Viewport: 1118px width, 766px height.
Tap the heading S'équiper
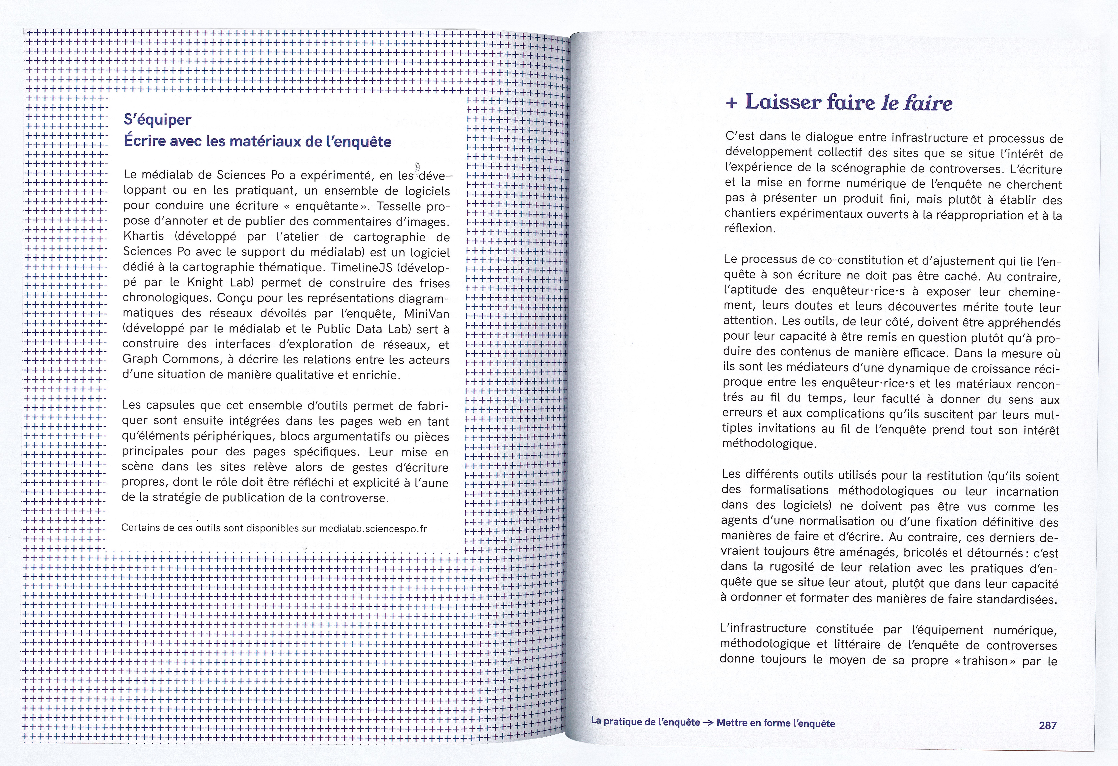[157, 120]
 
